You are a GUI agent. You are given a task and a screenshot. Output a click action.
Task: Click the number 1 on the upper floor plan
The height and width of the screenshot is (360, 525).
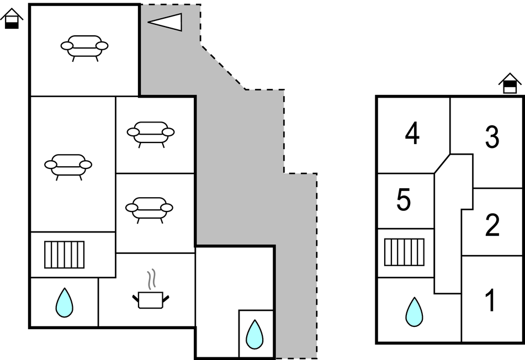click(490, 301)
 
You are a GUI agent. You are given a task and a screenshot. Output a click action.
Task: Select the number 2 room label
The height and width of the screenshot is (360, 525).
click(492, 225)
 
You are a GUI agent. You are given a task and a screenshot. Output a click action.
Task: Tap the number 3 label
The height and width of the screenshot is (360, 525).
click(492, 137)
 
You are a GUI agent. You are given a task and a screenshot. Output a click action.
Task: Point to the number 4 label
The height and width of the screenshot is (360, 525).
click(412, 134)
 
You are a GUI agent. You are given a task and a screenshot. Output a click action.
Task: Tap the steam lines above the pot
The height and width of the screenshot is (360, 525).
click(150, 279)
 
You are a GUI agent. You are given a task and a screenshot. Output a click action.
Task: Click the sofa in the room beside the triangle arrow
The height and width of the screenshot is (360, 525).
click(84, 46)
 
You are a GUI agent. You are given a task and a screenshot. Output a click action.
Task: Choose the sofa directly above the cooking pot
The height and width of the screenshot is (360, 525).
click(149, 208)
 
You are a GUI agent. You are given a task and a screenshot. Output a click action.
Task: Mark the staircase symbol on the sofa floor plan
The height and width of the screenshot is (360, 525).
click(65, 255)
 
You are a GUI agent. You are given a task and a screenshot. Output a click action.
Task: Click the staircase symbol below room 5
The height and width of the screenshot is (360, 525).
click(404, 252)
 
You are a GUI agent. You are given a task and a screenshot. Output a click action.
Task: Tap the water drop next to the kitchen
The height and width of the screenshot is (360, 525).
click(65, 302)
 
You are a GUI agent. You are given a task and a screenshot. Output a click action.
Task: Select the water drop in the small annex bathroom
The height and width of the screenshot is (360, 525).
click(254, 334)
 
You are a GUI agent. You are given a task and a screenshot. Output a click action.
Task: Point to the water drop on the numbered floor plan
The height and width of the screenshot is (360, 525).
click(414, 312)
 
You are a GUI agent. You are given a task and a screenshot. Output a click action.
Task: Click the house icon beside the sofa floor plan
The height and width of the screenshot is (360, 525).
click(12, 19)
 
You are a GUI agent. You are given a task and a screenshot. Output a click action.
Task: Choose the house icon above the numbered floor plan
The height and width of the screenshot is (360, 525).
click(510, 83)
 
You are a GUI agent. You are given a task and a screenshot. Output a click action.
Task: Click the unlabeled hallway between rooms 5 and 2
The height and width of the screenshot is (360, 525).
click(447, 232)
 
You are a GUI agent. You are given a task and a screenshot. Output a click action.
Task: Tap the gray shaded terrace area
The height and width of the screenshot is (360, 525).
click(237, 166)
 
